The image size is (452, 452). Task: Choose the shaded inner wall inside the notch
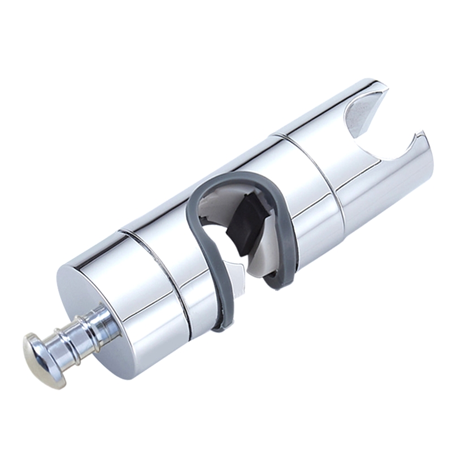(362, 113)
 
